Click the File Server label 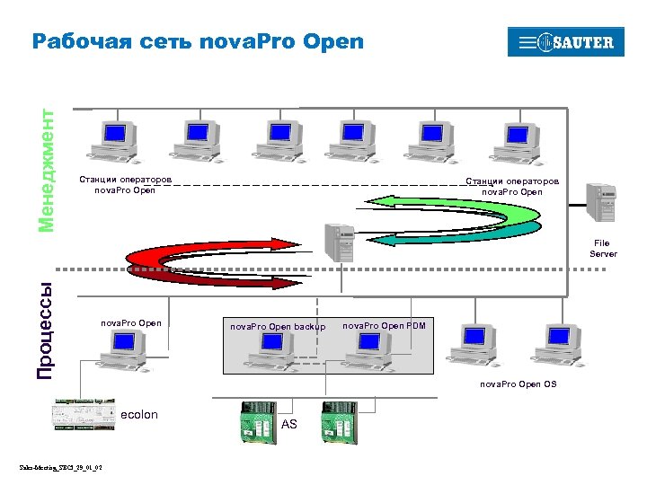point(602,248)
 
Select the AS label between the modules point(288,424)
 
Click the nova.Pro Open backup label point(278,327)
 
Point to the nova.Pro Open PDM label point(384,325)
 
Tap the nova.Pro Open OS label point(518,384)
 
